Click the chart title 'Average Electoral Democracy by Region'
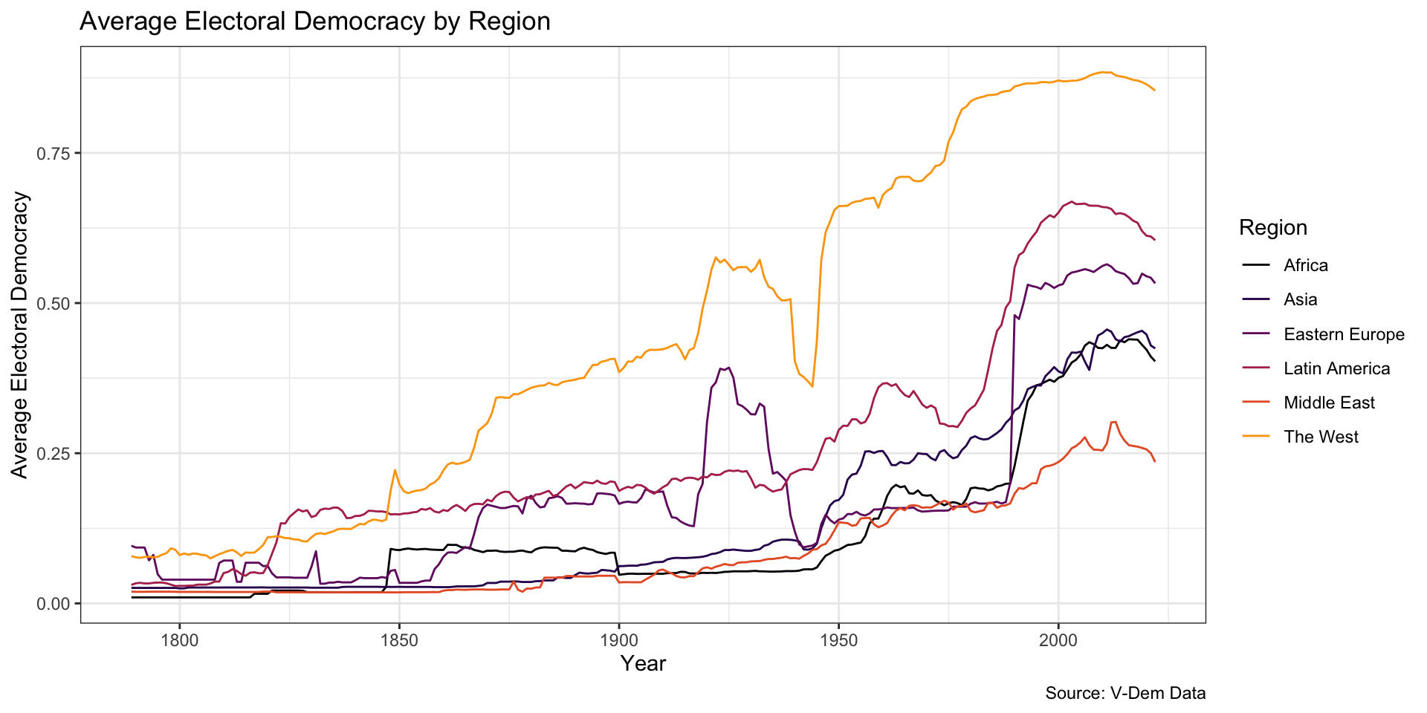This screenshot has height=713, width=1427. coord(314,22)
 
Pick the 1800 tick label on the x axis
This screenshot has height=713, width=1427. coord(179,639)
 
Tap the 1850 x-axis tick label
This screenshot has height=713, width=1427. coord(399,639)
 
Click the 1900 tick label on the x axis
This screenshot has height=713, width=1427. coord(619,639)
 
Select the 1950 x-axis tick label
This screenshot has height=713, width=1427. coord(839,639)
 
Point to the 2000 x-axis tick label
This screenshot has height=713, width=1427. coord(1058,639)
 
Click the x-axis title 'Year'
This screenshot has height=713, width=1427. coord(643,664)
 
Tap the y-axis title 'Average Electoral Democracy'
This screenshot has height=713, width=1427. coord(20,335)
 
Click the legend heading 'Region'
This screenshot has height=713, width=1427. coord(1272,228)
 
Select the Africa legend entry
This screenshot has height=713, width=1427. coord(1305,266)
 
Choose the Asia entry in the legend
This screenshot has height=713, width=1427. coord(1300,300)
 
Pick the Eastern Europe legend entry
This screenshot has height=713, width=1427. coord(1344,334)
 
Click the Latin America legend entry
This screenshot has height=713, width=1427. coord(1336,368)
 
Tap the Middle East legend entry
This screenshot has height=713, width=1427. coord(1329,403)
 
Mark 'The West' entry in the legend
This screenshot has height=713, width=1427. coord(1321,437)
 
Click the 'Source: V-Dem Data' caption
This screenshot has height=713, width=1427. coord(1125,694)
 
